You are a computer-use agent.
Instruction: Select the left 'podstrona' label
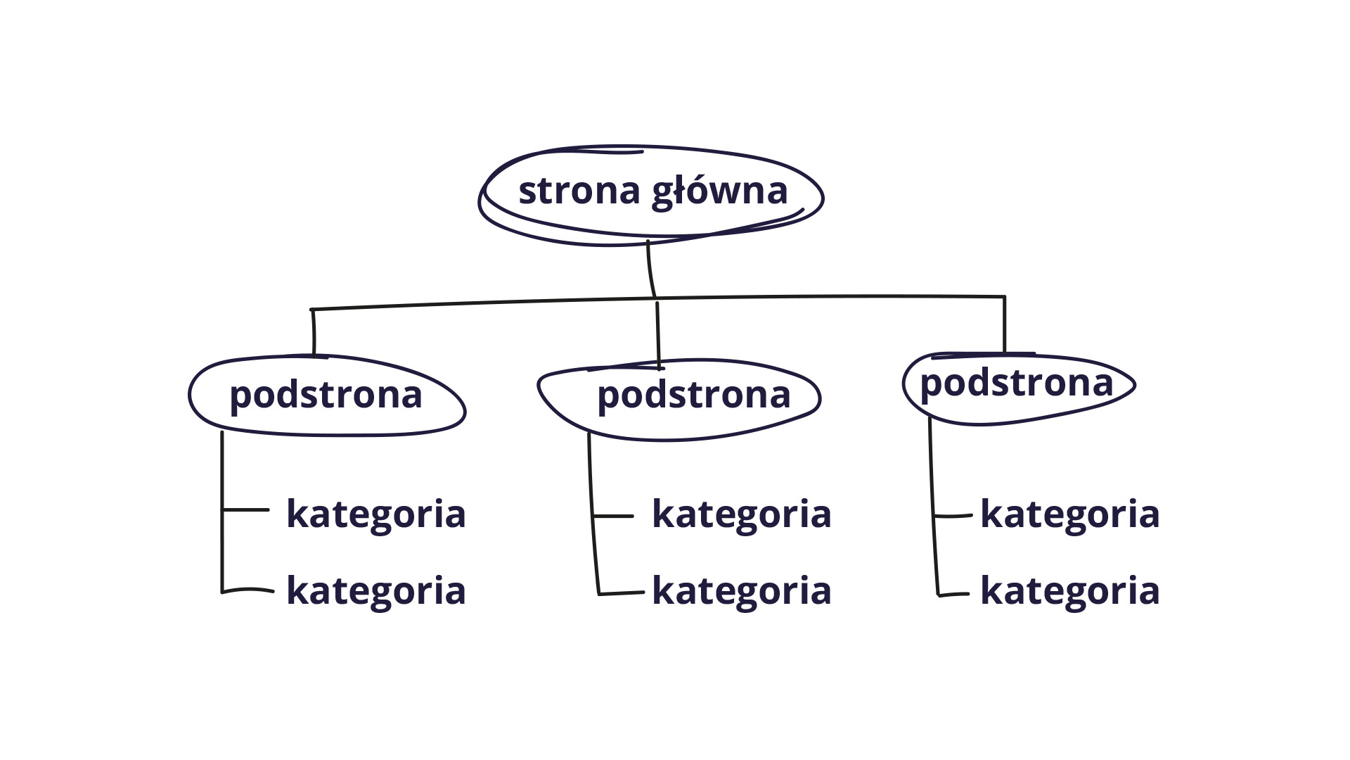coord(326,395)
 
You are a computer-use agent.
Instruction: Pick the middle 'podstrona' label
coord(694,395)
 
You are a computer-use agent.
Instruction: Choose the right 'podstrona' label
coord(1017,384)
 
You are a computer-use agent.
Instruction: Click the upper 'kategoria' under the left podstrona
coord(376,514)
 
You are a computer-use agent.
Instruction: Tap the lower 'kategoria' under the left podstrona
coord(376,590)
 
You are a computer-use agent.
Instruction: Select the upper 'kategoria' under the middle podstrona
coord(742,514)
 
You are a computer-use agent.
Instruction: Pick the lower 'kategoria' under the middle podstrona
coord(742,590)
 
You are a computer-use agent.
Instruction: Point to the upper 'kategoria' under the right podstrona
coord(1069,514)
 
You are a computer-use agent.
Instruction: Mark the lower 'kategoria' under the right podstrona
coord(1069,590)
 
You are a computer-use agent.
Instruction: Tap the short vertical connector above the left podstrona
coord(314,331)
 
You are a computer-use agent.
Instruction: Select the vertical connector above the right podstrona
coord(1004,324)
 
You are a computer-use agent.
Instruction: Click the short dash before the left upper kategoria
coord(246,509)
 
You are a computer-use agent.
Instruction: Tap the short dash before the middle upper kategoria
coord(614,517)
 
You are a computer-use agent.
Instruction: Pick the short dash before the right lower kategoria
coord(955,594)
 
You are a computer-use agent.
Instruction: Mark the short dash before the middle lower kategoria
coord(622,594)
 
